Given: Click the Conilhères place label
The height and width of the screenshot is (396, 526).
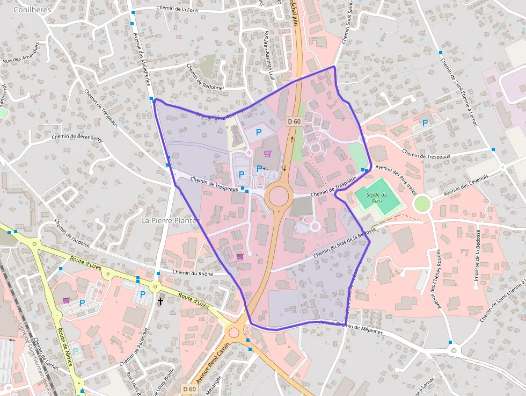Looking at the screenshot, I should pos(32,9).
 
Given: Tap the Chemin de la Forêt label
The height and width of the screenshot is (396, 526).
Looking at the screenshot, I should pos(178,8).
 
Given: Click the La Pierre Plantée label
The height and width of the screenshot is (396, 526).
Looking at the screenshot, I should pos(170,220).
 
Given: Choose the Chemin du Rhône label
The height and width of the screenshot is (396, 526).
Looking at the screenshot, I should pos(193,273).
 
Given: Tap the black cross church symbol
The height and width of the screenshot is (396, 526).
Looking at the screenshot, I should pos(160,301).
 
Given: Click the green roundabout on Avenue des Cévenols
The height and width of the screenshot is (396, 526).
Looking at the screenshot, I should pos(422,203).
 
